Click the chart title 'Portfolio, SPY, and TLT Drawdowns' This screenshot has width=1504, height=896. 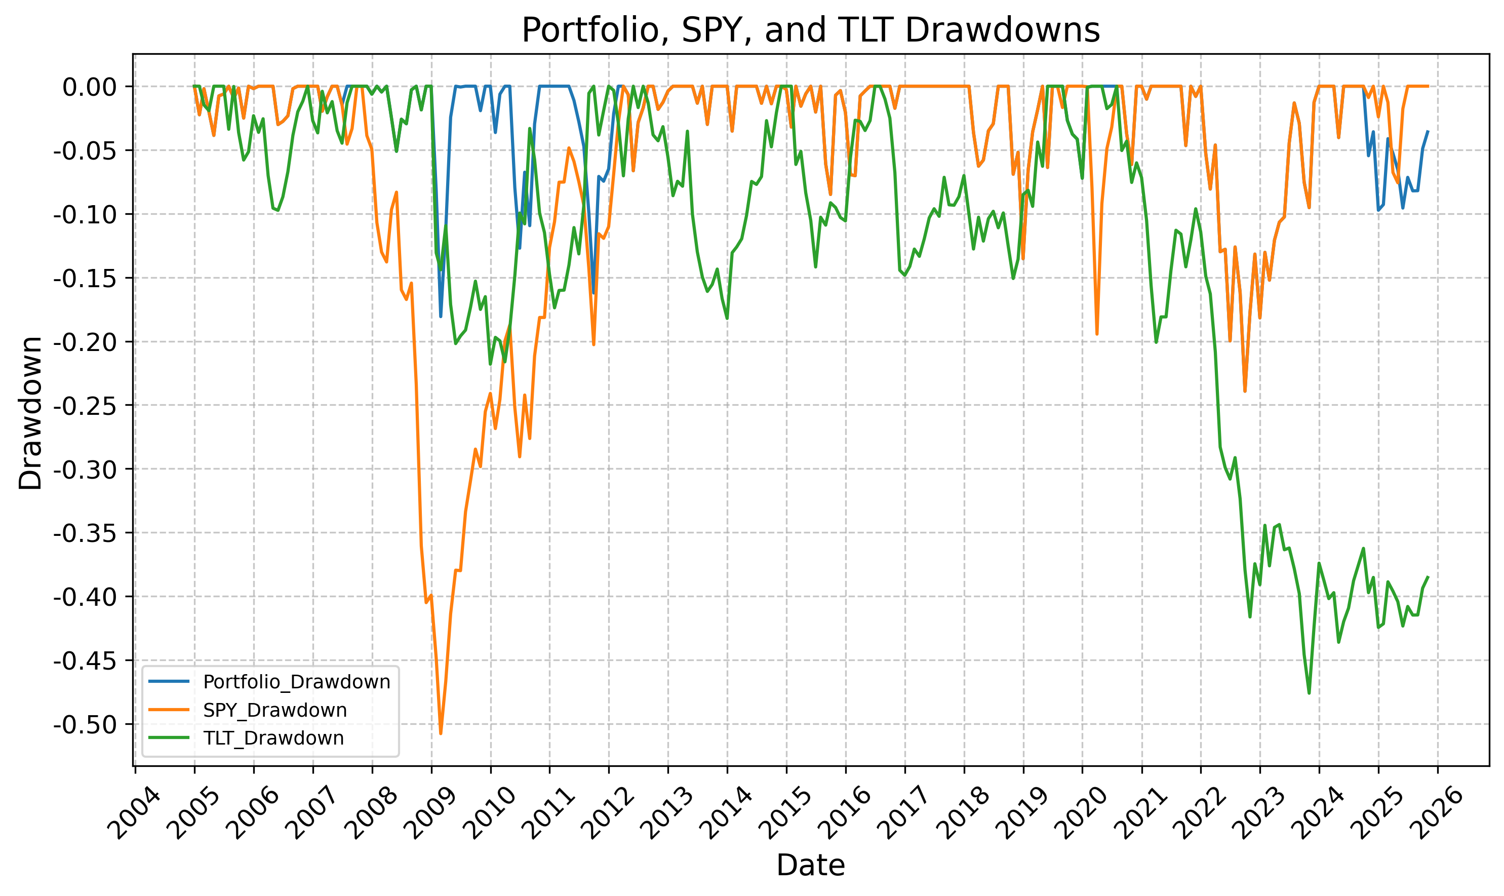click(x=811, y=30)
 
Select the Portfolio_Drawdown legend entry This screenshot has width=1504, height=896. click(x=296, y=682)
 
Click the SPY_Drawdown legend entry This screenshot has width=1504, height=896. click(x=274, y=710)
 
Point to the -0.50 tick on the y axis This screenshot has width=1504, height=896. click(x=85, y=724)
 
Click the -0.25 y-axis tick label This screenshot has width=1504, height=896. click(x=85, y=406)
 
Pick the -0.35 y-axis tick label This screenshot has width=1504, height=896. click(x=85, y=533)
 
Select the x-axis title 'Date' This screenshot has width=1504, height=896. click(x=811, y=865)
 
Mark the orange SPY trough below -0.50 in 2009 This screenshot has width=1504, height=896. click(x=441, y=733)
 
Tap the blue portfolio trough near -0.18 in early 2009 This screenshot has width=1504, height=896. click(x=441, y=317)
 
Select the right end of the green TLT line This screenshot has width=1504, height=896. click(x=1428, y=576)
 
